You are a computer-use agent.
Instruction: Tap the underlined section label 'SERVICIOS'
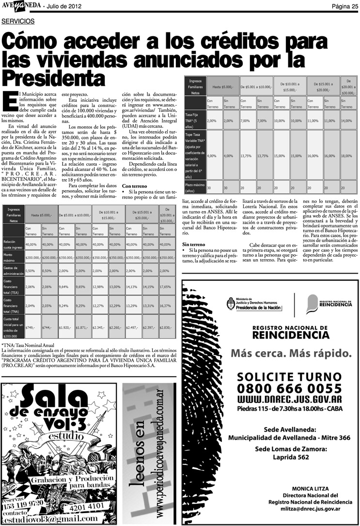pos(18,21)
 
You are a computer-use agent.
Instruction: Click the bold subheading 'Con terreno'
pos(134,186)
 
